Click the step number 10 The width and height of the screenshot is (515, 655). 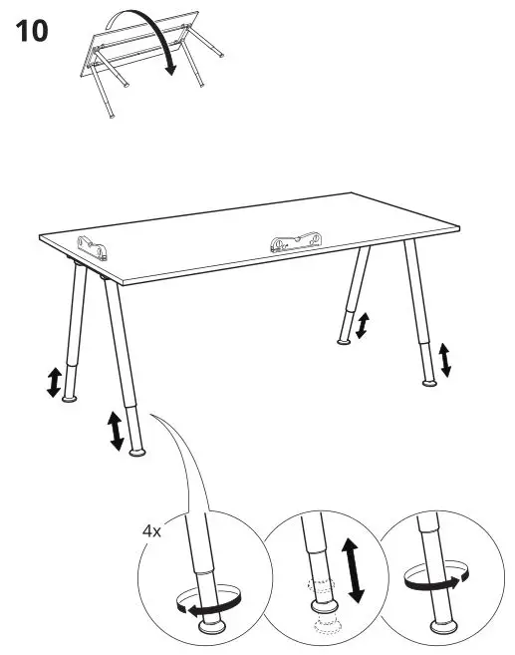click(31, 30)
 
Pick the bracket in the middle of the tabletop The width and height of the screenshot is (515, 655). click(295, 241)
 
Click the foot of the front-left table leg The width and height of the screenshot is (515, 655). click(139, 452)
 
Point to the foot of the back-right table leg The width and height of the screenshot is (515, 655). click(344, 343)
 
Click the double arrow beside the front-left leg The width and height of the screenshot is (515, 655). click(117, 429)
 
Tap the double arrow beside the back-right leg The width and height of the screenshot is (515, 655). click(364, 325)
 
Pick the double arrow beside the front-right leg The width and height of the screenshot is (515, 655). click(445, 360)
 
